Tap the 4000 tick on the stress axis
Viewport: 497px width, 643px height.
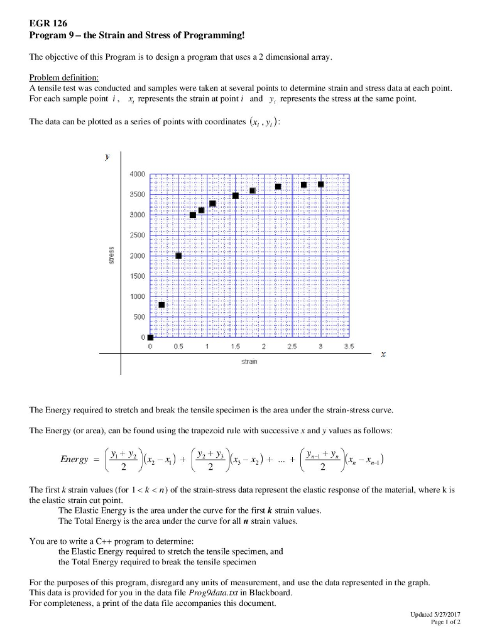coord(138,174)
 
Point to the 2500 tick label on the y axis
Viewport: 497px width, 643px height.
coord(138,235)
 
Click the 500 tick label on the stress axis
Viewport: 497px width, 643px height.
coord(139,316)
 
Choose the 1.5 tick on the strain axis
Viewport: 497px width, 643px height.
coord(235,347)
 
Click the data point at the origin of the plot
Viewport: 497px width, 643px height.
coord(150,337)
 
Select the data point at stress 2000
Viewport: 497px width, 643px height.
coord(178,256)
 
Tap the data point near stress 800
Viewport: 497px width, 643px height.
coord(161,305)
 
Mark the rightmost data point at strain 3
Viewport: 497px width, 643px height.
coord(321,184)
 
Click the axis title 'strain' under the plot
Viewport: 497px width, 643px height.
coord(249,362)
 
